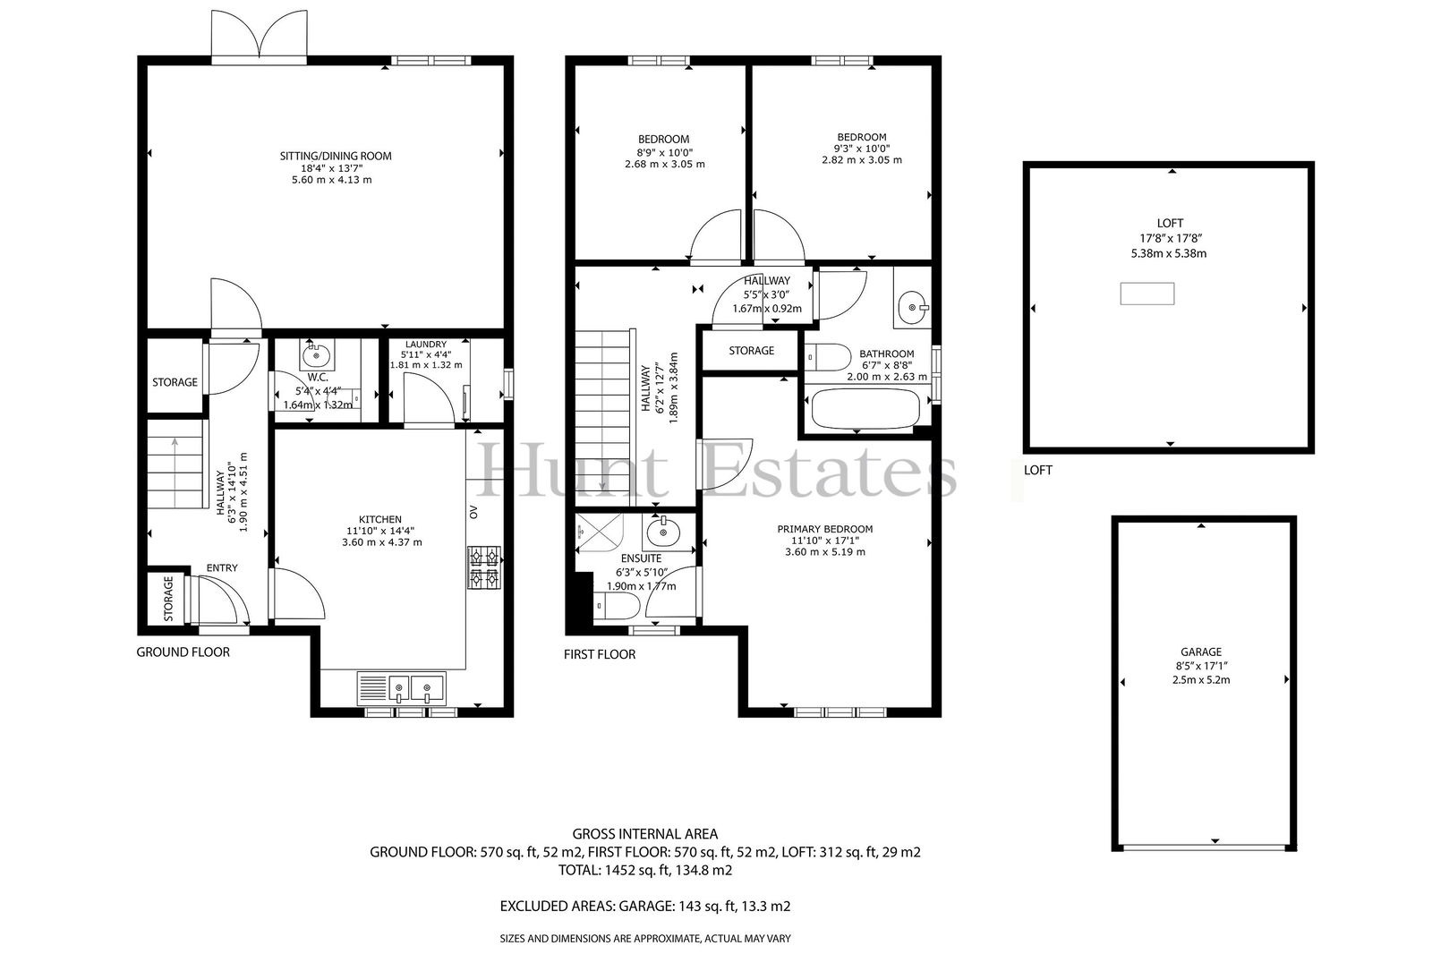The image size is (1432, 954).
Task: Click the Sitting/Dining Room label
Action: (x=335, y=156)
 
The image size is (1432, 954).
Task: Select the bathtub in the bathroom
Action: (x=865, y=409)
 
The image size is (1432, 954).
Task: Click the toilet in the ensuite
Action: (x=617, y=606)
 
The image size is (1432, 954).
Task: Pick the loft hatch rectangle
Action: (x=1146, y=294)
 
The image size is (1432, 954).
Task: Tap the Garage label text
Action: (x=1200, y=652)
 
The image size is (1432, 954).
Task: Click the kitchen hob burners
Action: (x=484, y=567)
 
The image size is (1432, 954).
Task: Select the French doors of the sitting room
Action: (x=259, y=37)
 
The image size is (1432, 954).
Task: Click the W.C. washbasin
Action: (x=317, y=353)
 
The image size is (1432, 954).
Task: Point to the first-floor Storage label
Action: (x=751, y=351)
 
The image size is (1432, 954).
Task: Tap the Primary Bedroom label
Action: (x=824, y=529)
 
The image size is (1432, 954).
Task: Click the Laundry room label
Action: (x=426, y=345)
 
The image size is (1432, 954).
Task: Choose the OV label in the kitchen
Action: (x=473, y=512)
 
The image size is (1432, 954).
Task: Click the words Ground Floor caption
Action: (x=183, y=652)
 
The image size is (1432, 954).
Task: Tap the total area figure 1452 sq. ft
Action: (x=645, y=870)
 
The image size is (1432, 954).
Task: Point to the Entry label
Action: (x=222, y=567)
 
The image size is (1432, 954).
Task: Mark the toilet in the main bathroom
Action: (x=828, y=357)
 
